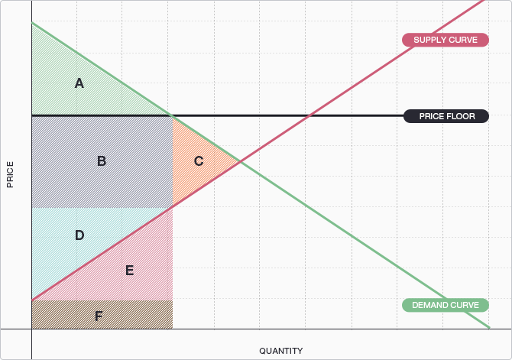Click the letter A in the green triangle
pyautogui.click(x=79, y=83)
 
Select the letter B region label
pyautogui.click(x=102, y=161)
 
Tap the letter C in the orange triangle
pyautogui.click(x=199, y=161)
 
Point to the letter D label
pyautogui.click(x=79, y=235)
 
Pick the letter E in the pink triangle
pyautogui.click(x=129, y=270)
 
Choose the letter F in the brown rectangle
pyautogui.click(x=99, y=315)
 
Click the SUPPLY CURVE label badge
pyautogui.click(x=445, y=40)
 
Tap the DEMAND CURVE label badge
pyautogui.click(x=445, y=305)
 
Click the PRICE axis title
pyautogui.click(x=10, y=175)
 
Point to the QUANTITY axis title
pyautogui.click(x=280, y=351)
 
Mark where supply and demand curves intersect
pyautogui.click(x=241, y=161)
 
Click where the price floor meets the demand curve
pyautogui.click(x=172, y=115)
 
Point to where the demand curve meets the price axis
pyautogui.click(x=32, y=23)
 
